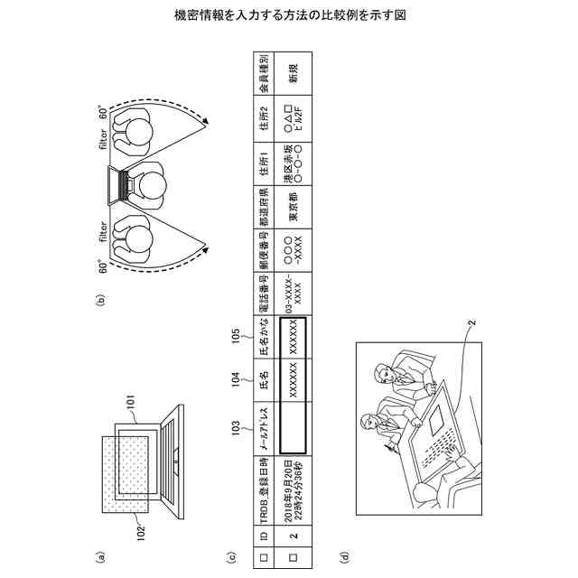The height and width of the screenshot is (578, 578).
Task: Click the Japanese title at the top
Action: point(289,16)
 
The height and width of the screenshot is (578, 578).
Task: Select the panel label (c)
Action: point(232,559)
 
